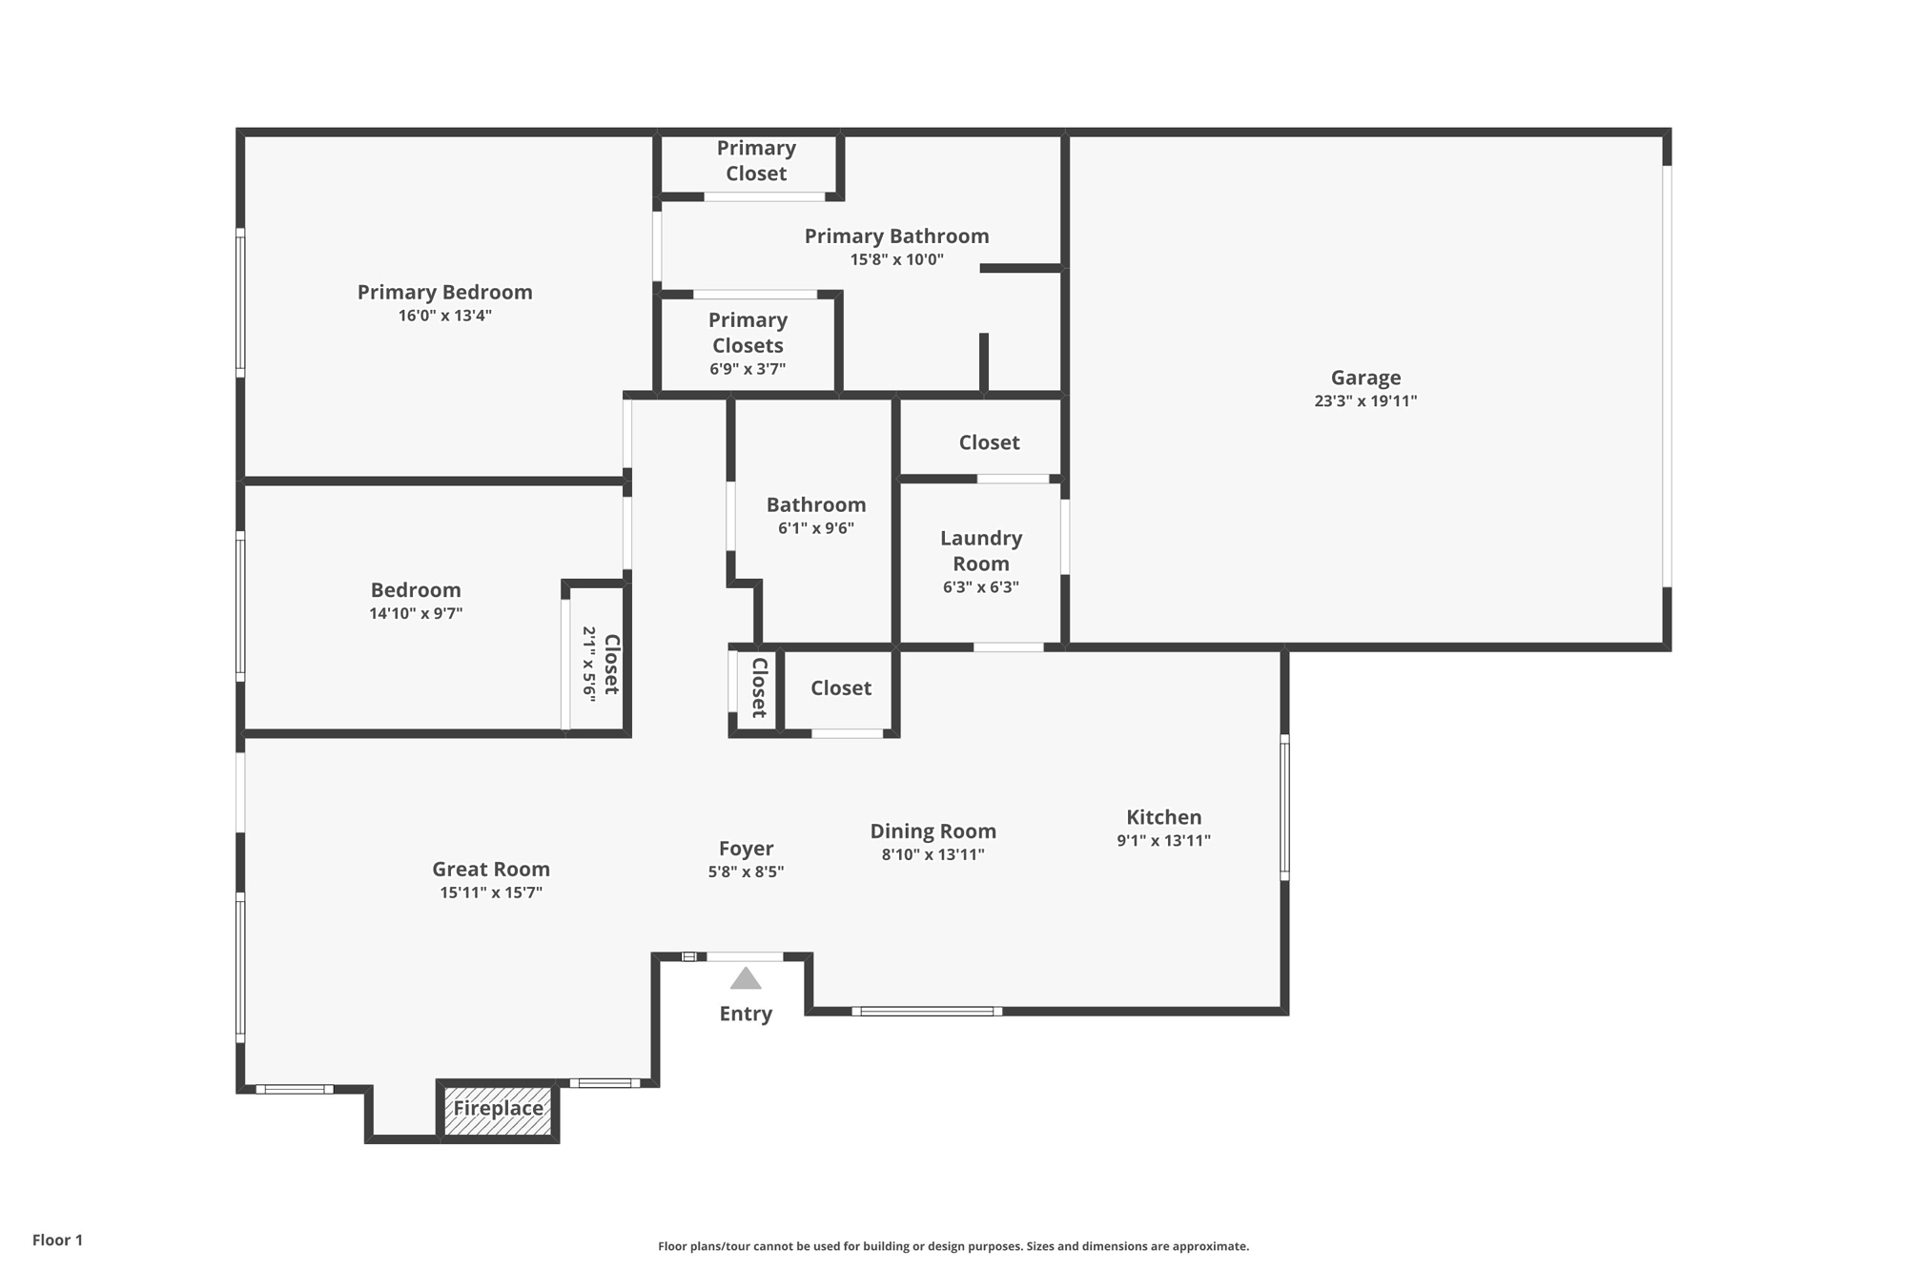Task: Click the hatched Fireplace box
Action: pos(498,1111)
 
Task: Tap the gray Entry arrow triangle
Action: pos(746,978)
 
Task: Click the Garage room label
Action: pos(1365,378)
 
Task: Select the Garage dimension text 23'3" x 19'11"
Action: pos(1365,401)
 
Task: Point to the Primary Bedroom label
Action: pos(445,292)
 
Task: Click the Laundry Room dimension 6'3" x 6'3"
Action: pos(981,587)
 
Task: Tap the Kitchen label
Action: pos(1164,817)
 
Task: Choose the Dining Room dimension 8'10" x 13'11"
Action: pos(933,855)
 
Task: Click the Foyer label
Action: pos(746,849)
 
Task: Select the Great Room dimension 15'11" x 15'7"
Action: pos(491,893)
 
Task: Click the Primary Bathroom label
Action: pos(897,236)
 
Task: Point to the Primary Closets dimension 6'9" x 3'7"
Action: pos(748,369)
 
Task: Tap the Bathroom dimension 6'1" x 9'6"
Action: pos(816,528)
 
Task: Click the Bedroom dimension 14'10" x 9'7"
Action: pos(416,614)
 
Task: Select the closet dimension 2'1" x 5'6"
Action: pos(589,665)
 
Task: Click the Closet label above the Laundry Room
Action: pos(989,442)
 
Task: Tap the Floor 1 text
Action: pos(57,1240)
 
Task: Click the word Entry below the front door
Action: pos(746,1014)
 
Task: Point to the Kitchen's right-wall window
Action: pos(1284,807)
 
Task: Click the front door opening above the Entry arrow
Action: pos(745,956)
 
